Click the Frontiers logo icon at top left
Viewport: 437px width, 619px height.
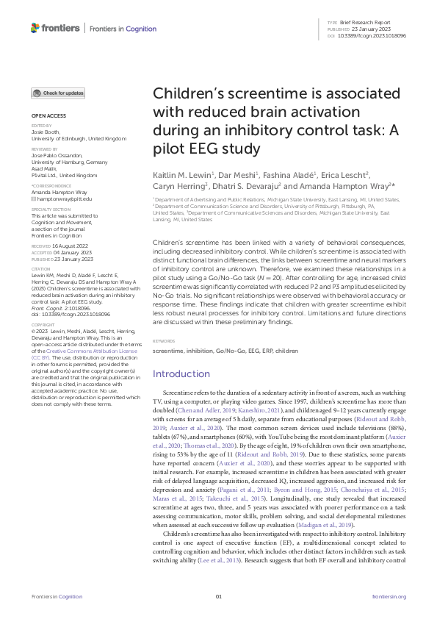[x=35, y=28]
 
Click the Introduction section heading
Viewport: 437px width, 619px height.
[x=181, y=373]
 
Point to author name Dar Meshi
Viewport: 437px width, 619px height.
[x=240, y=176]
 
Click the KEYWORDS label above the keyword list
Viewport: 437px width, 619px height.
[x=165, y=341]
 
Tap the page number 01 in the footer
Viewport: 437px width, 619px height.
[x=218, y=595]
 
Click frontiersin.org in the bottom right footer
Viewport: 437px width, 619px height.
[x=389, y=595]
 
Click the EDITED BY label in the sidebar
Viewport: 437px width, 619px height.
[x=41, y=126]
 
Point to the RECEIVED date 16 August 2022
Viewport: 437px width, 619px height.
[x=72, y=246]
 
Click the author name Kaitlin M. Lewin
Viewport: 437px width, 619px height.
[x=181, y=176]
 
